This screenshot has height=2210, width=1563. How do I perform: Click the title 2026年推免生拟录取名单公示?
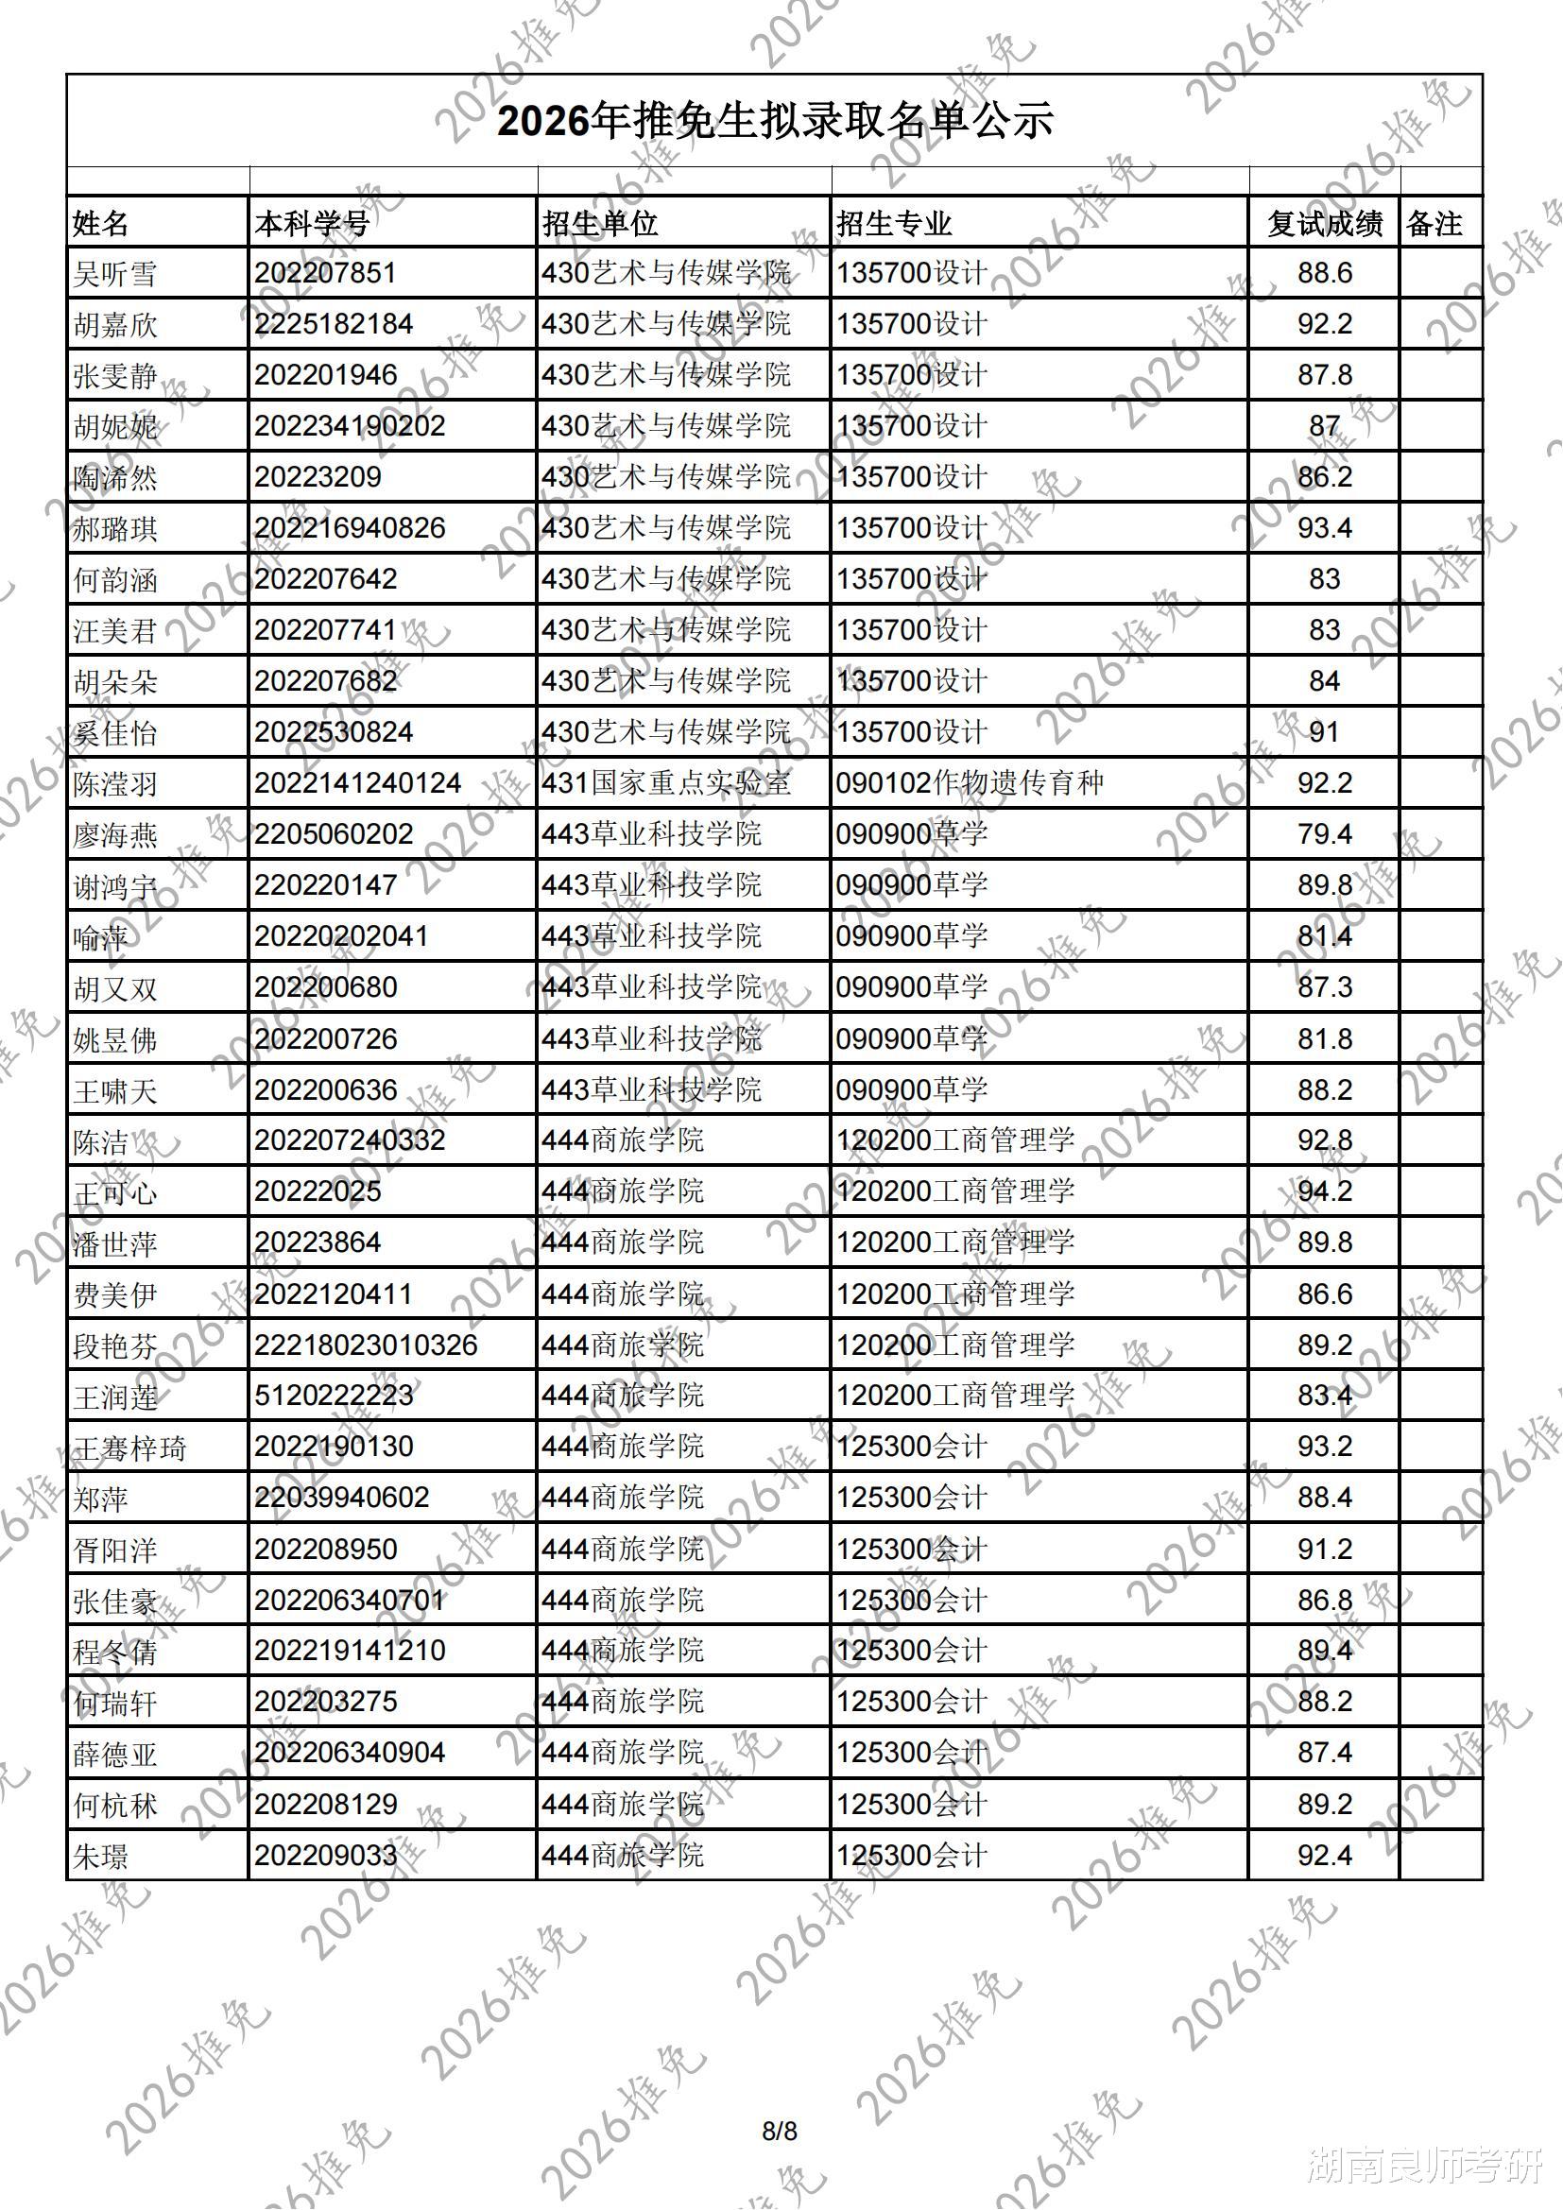(x=775, y=121)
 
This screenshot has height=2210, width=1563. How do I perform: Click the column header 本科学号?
(x=312, y=223)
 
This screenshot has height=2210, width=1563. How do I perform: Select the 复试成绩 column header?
(x=1324, y=223)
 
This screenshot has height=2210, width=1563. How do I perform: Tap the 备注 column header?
(x=1434, y=223)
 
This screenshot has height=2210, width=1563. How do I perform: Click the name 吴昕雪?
(x=114, y=274)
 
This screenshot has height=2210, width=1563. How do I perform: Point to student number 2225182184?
(x=333, y=324)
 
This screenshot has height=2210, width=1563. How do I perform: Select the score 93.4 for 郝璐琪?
(x=1324, y=528)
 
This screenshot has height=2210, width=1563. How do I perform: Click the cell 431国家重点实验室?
(x=666, y=783)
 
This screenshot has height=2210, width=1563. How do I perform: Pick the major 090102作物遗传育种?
(x=970, y=783)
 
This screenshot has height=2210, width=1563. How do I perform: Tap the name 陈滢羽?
(x=114, y=784)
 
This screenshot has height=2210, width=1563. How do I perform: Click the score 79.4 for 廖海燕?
(x=1324, y=834)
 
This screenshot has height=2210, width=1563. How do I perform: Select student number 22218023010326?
(x=366, y=1345)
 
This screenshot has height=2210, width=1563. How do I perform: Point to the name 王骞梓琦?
(x=129, y=1448)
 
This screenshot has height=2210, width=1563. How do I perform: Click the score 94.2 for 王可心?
(x=1324, y=1191)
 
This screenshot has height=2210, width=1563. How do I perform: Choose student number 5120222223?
(x=333, y=1396)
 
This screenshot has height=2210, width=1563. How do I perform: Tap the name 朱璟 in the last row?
(x=100, y=1856)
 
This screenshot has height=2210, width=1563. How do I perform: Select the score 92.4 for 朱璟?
(x=1324, y=1855)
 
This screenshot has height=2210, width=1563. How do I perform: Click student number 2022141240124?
(x=358, y=783)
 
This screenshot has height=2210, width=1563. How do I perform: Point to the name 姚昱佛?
(x=114, y=1040)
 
